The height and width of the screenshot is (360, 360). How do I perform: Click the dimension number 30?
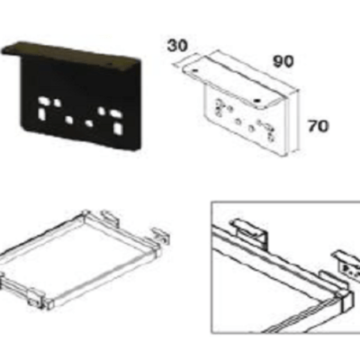tap(177, 46)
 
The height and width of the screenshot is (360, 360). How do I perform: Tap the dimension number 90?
tap(283, 61)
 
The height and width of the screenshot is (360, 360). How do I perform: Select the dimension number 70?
tap(319, 126)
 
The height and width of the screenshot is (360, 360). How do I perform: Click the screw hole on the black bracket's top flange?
tap(111, 64)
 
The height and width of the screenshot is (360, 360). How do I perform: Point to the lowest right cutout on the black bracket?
tap(118, 129)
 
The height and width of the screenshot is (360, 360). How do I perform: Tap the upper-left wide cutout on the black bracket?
tap(45, 101)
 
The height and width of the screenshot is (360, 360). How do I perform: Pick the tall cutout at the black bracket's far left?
tap(41, 113)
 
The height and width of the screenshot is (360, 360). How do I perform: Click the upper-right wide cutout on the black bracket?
tap(115, 114)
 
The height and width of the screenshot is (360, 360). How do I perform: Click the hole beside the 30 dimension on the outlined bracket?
tap(195, 71)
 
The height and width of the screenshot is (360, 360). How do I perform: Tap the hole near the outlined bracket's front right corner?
tap(256, 101)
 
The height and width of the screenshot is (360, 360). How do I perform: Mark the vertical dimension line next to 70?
tap(298, 121)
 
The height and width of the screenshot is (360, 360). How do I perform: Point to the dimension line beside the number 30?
tap(186, 59)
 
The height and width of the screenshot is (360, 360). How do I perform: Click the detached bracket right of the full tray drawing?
tap(160, 235)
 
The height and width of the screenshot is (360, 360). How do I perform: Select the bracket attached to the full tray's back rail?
tap(110, 219)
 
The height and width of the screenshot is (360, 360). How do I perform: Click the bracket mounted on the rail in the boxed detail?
tap(249, 232)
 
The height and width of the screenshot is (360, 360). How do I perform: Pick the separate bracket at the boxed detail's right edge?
tap(346, 264)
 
